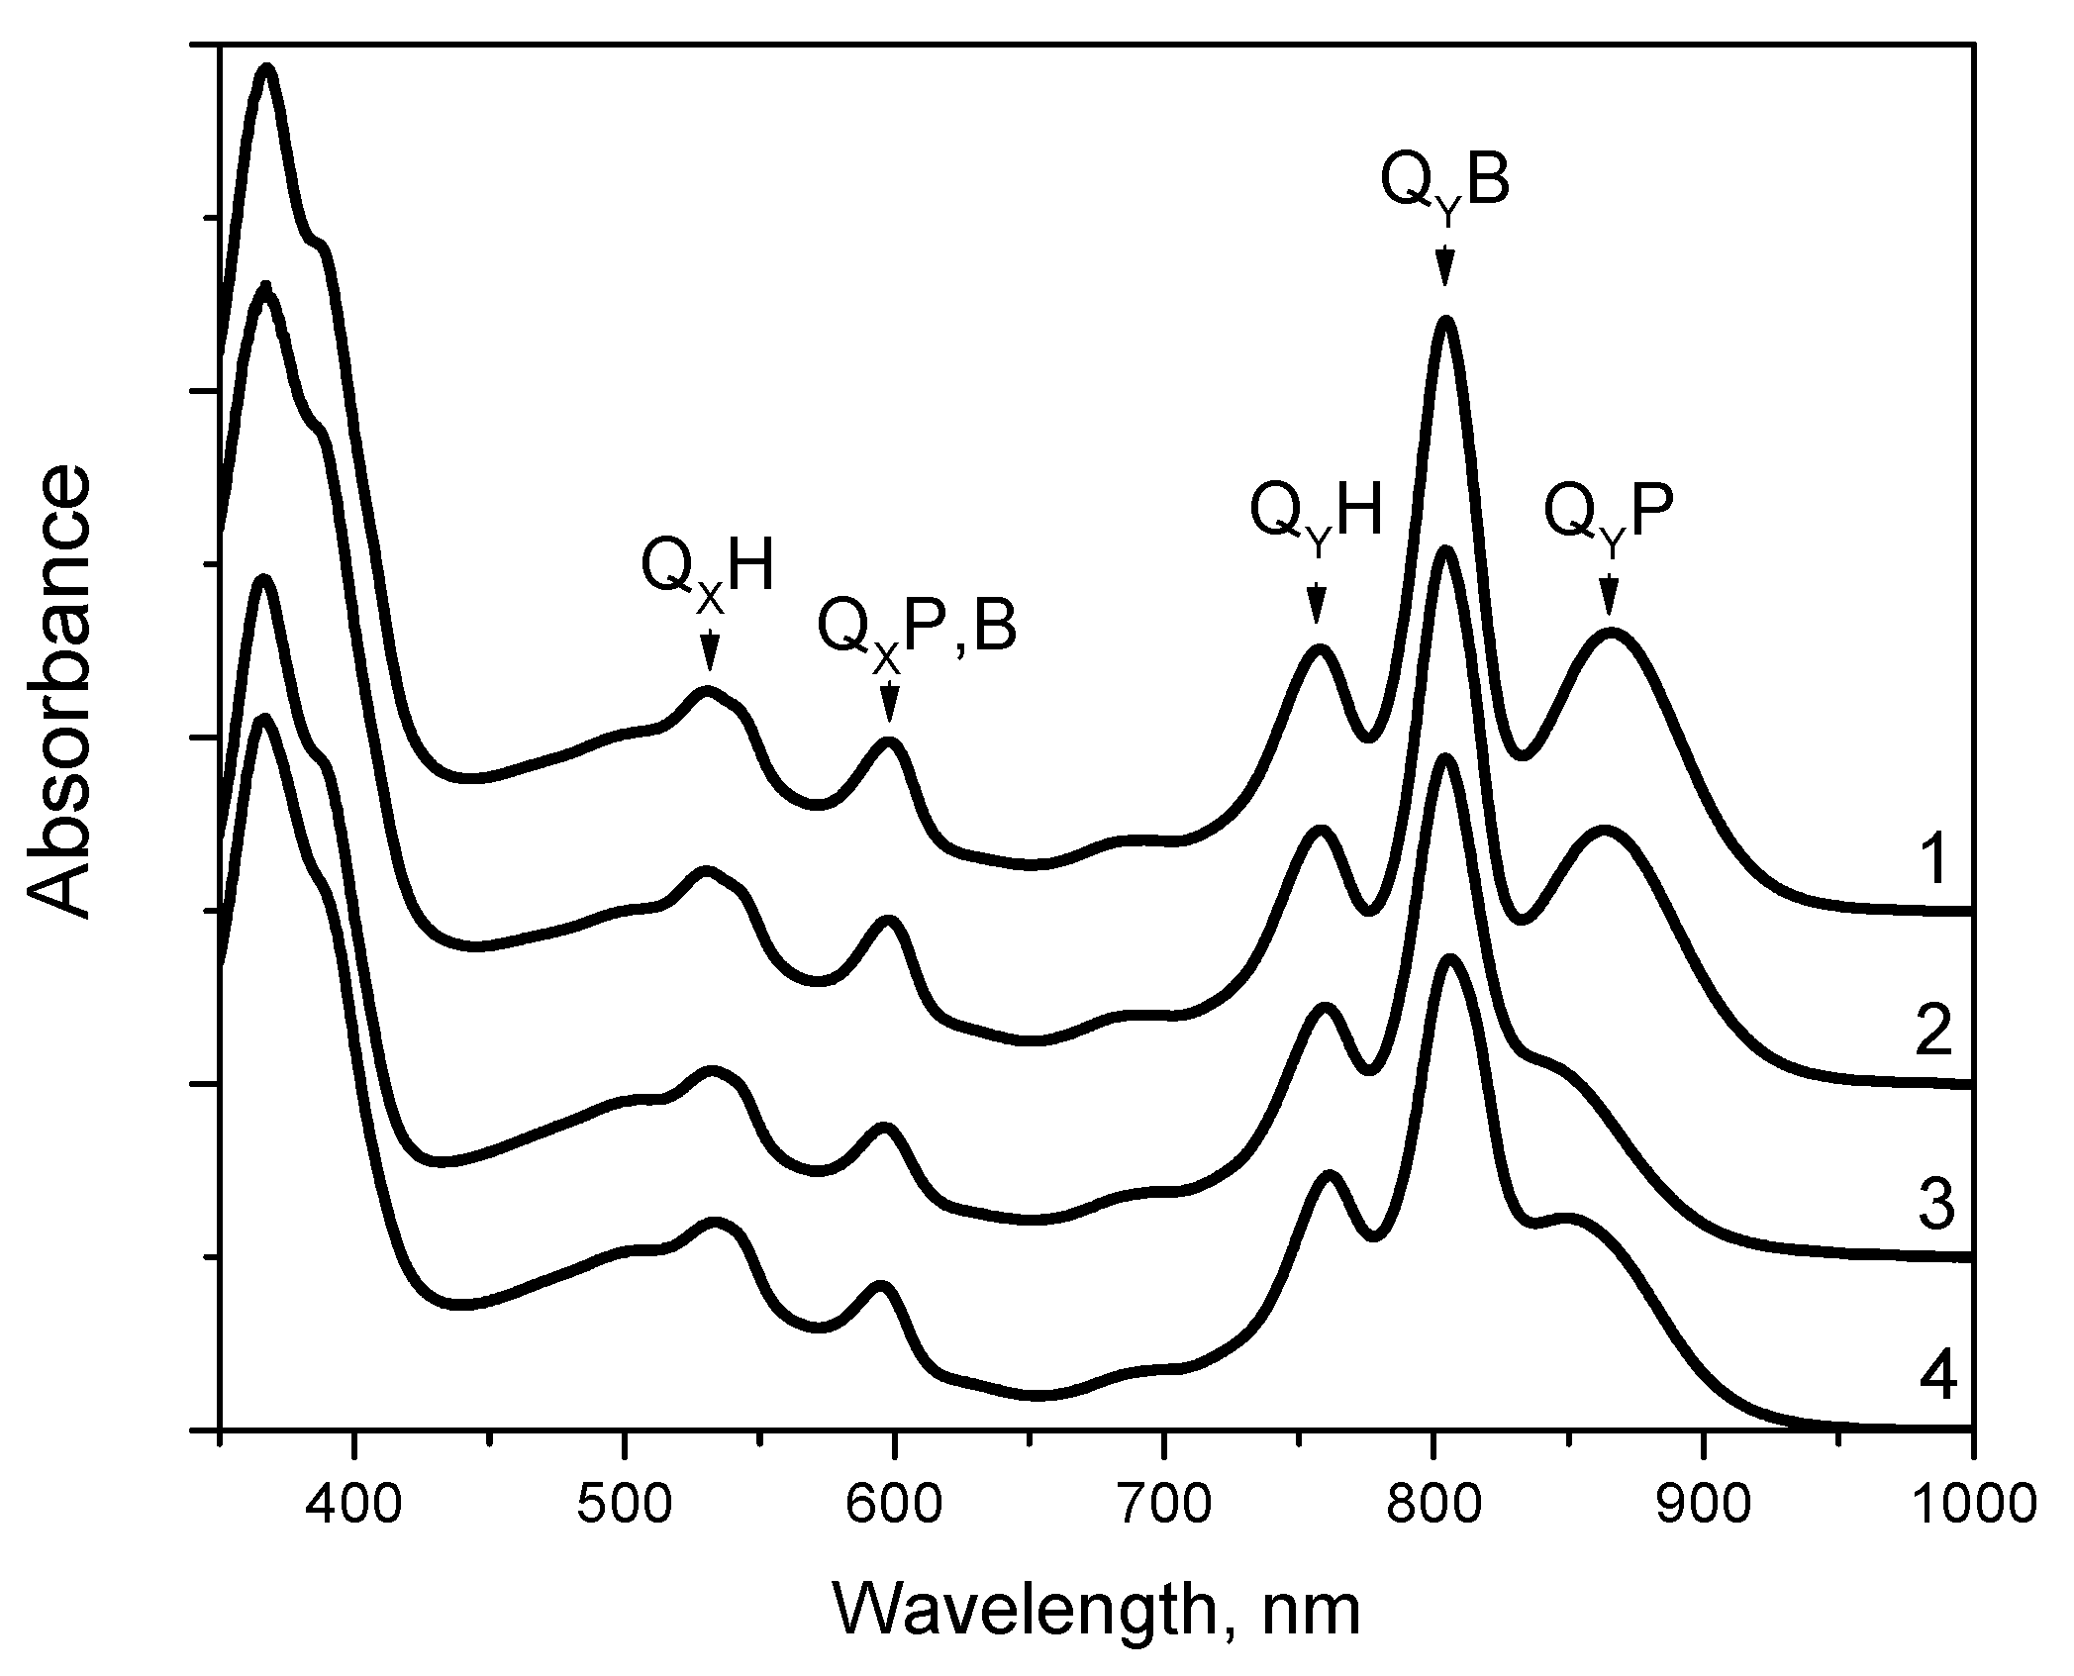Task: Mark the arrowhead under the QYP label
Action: pyautogui.click(x=1609, y=600)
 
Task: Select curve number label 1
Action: pyautogui.click(x=1931, y=859)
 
